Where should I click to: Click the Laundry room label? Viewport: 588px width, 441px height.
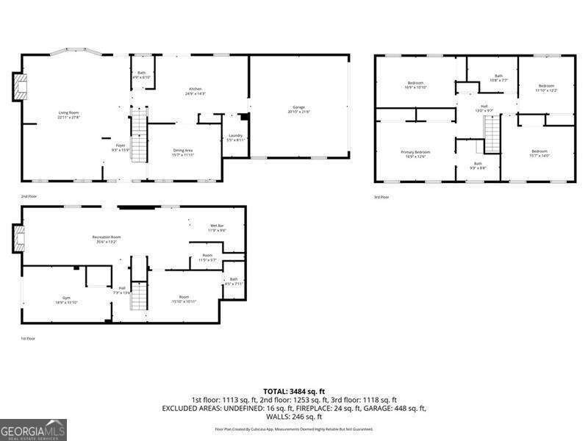coord(235,137)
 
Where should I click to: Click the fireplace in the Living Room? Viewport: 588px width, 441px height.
coord(20,87)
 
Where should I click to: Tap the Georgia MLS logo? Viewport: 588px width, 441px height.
coord(34,429)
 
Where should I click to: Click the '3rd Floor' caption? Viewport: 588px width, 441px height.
coord(381,197)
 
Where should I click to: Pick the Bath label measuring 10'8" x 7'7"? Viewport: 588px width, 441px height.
coord(498,78)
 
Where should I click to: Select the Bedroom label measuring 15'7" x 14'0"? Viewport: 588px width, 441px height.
coord(539,153)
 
